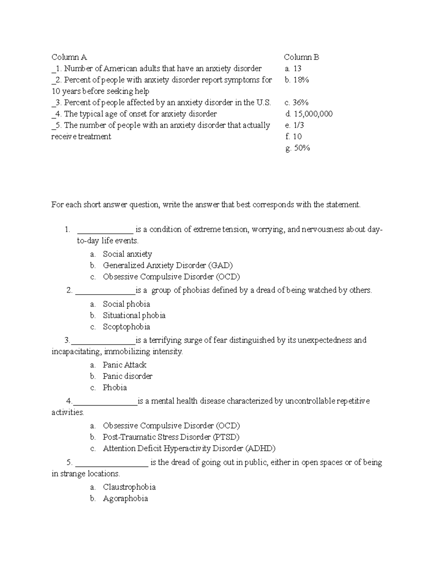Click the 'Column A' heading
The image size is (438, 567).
(x=69, y=57)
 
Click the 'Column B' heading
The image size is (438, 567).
(x=301, y=57)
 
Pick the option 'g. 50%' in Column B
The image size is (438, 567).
(x=298, y=148)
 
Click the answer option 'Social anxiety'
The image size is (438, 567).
(x=127, y=254)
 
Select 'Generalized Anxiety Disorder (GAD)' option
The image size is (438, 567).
(x=168, y=265)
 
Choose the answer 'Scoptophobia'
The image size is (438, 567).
(x=126, y=327)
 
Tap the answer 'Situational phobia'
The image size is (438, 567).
(x=134, y=315)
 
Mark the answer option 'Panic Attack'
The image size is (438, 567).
(x=124, y=365)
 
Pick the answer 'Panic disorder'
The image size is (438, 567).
(x=127, y=376)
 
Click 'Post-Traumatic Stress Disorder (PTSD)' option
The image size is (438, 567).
(x=171, y=437)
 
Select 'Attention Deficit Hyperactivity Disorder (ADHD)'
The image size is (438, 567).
(x=189, y=448)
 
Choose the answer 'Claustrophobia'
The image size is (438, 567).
(x=129, y=487)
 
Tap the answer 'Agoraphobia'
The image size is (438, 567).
(x=125, y=498)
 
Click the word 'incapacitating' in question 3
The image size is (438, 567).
(x=76, y=352)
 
